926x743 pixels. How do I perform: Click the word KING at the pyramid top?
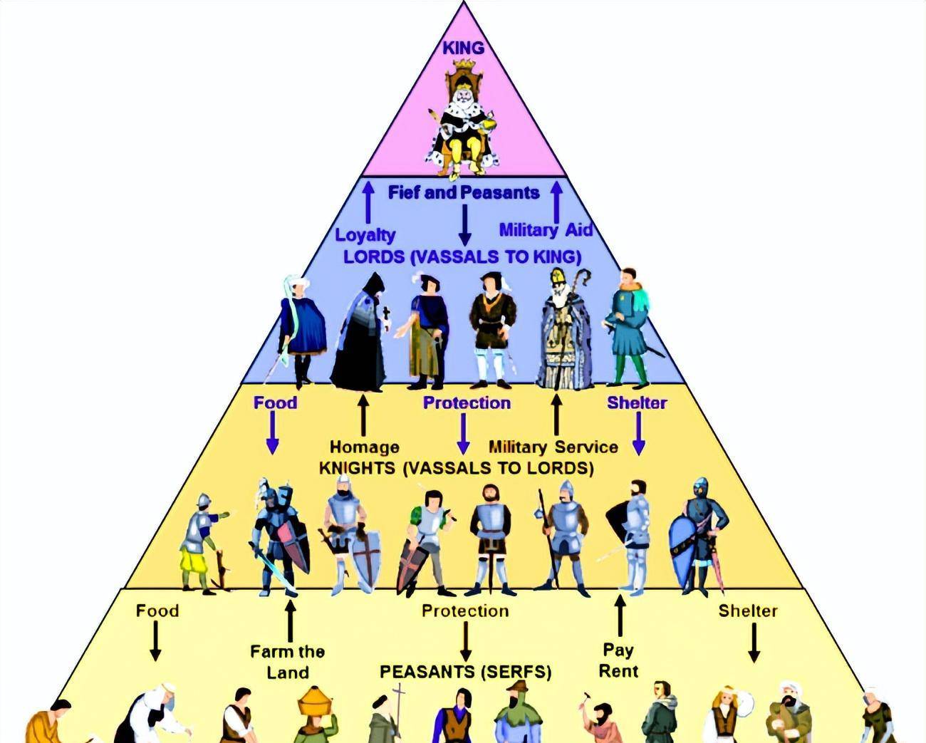tap(463, 48)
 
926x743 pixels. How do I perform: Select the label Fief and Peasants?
tap(464, 192)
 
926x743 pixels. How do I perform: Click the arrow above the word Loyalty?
tap(368, 202)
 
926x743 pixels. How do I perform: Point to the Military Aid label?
tap(546, 229)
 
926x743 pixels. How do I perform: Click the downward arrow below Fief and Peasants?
tap(464, 224)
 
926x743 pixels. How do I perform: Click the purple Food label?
tap(275, 402)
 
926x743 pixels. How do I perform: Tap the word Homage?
tap(364, 447)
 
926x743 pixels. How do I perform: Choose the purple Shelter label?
tap(637, 402)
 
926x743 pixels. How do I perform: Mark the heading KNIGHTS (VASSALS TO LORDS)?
tap(456, 468)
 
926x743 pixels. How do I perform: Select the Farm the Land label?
tap(288, 662)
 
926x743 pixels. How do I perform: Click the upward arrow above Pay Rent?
tap(620, 616)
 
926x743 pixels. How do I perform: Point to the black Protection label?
tap(465, 610)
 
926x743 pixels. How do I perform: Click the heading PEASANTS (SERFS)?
tap(465, 672)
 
